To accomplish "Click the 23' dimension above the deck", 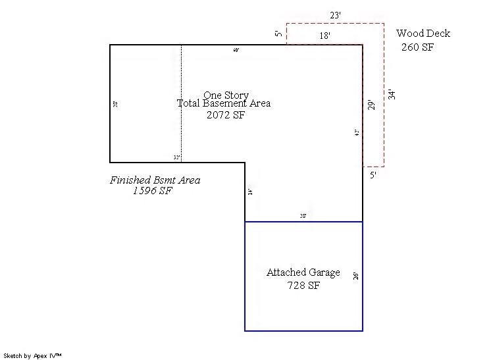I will (335, 14).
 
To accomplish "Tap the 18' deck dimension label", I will (325, 36).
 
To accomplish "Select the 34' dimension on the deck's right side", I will (392, 94).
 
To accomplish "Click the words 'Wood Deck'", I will (423, 34).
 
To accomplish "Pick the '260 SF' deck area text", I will (417, 47).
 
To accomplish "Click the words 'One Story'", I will (226, 95).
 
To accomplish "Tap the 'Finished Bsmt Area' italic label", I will (155, 180).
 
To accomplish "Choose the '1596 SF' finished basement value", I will (152, 192).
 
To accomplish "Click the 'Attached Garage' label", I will (303, 272).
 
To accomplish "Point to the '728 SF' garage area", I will (303, 286).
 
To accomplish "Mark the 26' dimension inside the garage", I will (356, 276).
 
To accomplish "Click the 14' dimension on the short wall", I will (250, 192).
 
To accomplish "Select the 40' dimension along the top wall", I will (236, 50).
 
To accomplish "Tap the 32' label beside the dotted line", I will (176, 158).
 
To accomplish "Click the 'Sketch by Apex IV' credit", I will (33, 355).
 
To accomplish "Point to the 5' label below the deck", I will (373, 176).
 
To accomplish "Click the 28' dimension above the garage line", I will (303, 216).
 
